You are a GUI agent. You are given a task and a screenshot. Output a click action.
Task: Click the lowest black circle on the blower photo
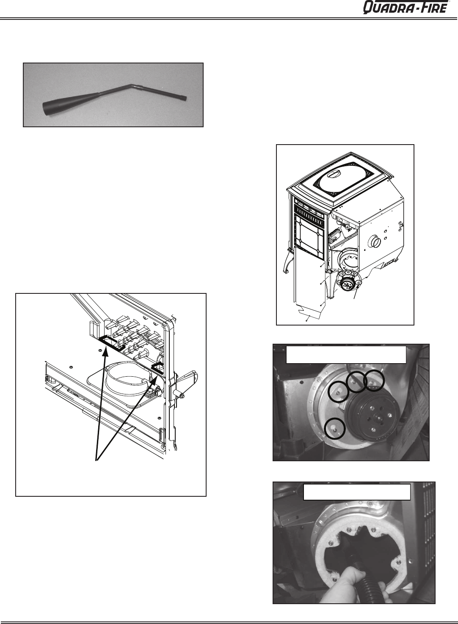335,429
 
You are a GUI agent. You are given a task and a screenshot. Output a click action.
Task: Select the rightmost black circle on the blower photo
374,380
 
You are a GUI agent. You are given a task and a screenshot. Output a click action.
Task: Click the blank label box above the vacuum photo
357,492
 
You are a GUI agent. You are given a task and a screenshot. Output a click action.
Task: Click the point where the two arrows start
97,460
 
